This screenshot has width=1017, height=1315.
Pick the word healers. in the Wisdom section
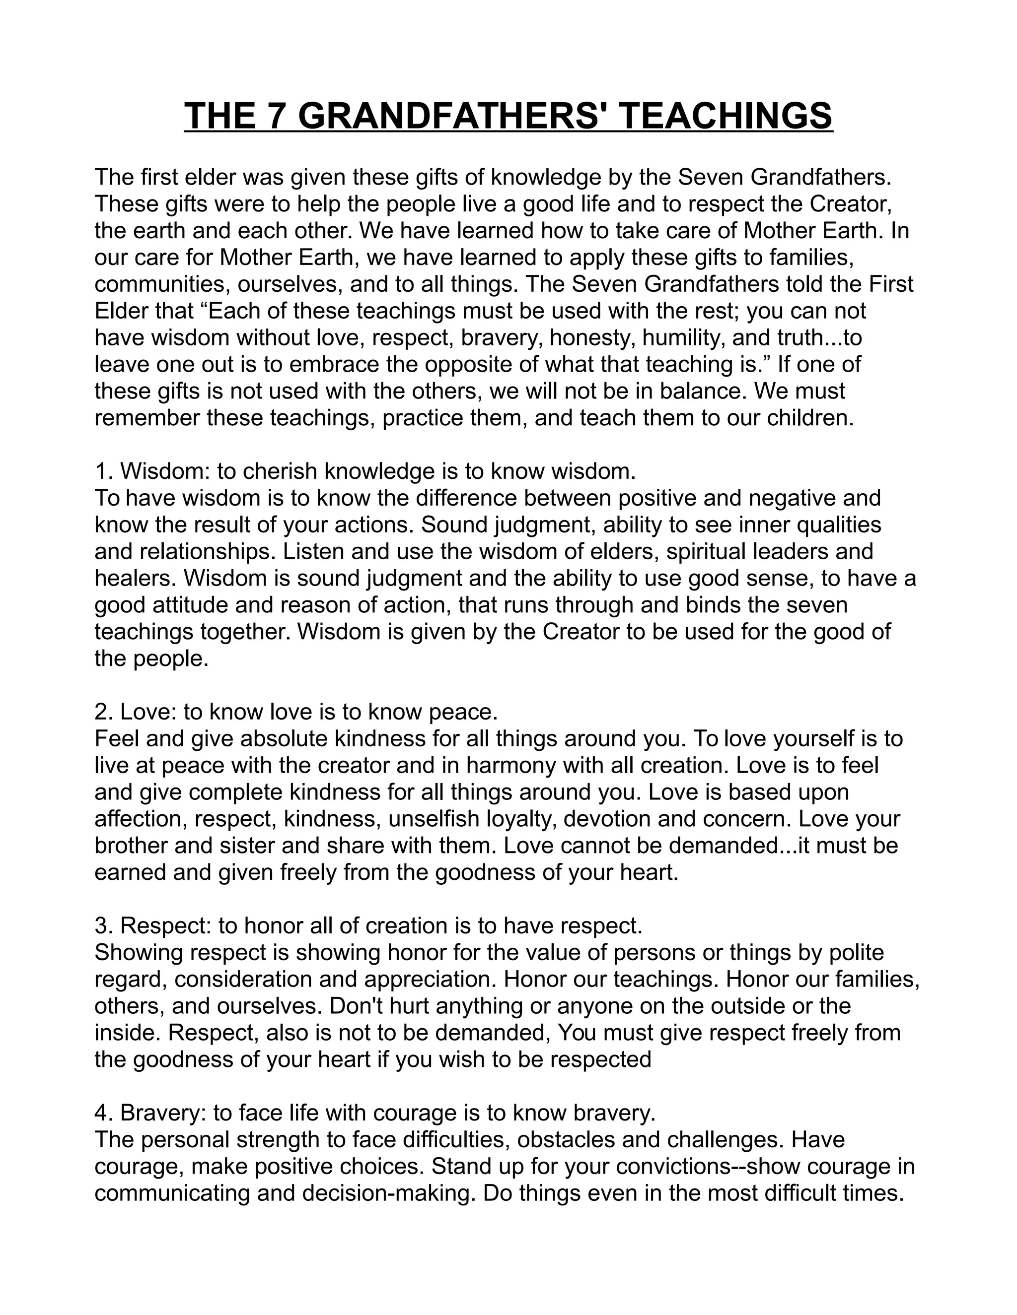pos(136,578)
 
